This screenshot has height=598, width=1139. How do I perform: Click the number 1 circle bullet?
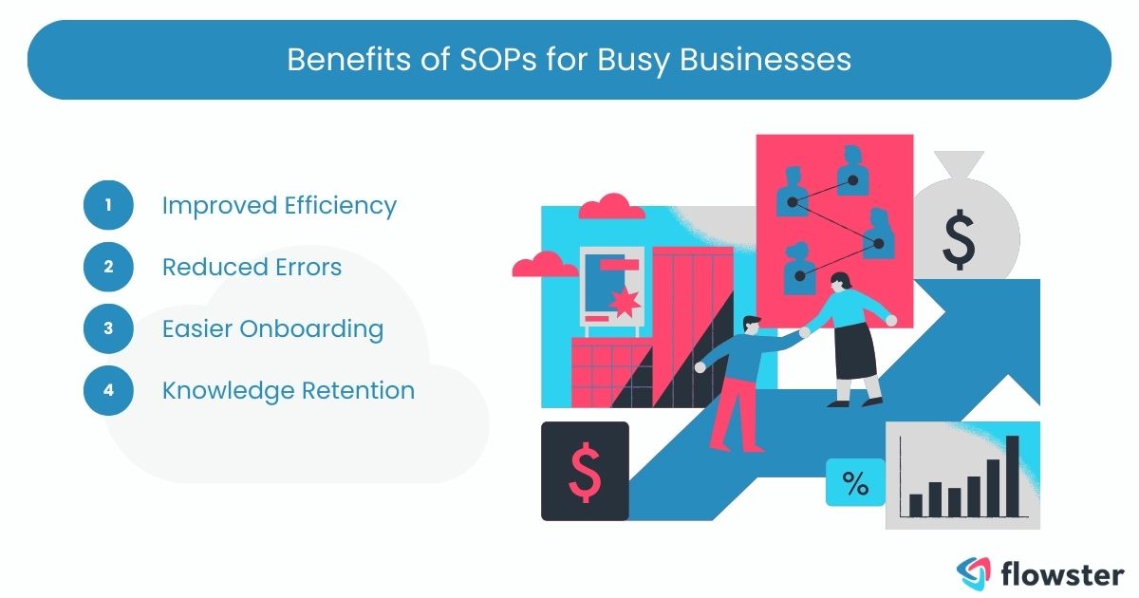pyautogui.click(x=108, y=205)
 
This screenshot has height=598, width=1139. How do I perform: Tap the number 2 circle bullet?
pyautogui.click(x=108, y=267)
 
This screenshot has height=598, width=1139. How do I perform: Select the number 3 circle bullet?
pyautogui.click(x=108, y=328)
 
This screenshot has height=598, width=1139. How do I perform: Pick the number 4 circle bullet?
pyautogui.click(x=108, y=390)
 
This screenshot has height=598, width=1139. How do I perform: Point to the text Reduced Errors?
pyautogui.click(x=252, y=267)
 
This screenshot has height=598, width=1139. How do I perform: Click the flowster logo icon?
pyautogui.click(x=973, y=571)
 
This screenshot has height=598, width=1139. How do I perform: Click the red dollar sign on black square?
pyautogui.click(x=584, y=472)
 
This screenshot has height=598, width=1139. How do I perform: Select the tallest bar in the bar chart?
pyautogui.click(x=1012, y=476)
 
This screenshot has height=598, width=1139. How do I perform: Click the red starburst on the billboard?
pyautogui.click(x=625, y=303)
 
